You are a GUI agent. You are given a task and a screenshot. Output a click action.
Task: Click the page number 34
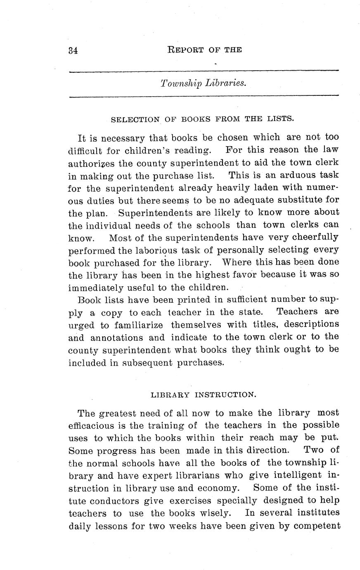pyautogui.click(x=73, y=50)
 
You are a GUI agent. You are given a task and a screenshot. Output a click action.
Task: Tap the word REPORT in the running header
pyautogui.click(x=183, y=50)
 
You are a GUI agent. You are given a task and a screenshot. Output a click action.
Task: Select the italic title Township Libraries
pyautogui.click(x=204, y=83)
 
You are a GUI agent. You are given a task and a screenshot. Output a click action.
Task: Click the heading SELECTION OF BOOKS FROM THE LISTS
pyautogui.click(x=202, y=119)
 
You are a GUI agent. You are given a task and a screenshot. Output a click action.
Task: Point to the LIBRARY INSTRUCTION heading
pyautogui.click(x=204, y=394)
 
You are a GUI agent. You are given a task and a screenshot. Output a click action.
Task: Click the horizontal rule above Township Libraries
pyautogui.click(x=204, y=72)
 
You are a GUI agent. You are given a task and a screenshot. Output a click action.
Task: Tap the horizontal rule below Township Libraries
pyautogui.click(x=204, y=97)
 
